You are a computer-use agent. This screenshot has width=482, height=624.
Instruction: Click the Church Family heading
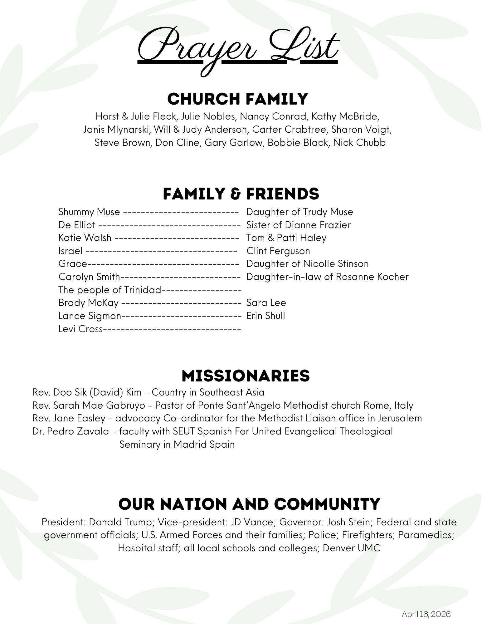(238, 99)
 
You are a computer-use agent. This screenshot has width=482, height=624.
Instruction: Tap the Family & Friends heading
(241, 194)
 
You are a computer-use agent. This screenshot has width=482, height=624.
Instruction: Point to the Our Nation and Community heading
(249, 504)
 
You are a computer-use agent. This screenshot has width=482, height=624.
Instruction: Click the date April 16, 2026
(426, 614)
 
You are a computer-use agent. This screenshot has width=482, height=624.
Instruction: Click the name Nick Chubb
(359, 143)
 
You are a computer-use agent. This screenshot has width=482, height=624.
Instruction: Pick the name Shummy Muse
(89, 212)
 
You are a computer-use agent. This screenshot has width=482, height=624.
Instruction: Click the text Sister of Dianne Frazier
(298, 225)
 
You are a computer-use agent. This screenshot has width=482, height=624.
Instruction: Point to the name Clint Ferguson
(278, 251)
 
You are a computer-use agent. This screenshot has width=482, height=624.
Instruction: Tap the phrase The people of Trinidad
(110, 290)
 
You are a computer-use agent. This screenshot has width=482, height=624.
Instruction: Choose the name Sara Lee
(266, 303)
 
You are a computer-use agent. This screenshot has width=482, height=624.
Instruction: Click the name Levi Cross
(80, 329)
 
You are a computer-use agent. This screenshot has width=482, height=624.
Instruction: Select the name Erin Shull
(265, 316)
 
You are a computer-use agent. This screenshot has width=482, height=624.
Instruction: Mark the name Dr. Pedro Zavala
(71, 431)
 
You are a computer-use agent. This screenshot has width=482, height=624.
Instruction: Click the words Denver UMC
(351, 548)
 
